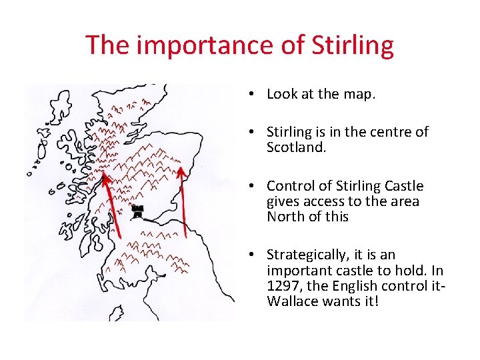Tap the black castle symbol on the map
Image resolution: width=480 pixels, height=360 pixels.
coord(137,211)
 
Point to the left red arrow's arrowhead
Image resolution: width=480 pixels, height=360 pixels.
coord(104,179)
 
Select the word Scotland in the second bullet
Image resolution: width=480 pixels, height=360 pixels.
coord(295,147)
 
